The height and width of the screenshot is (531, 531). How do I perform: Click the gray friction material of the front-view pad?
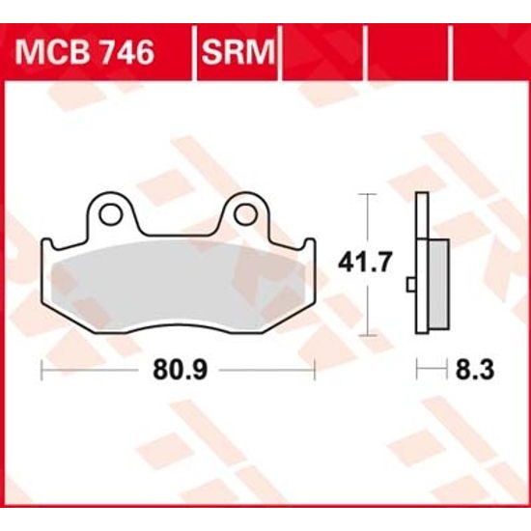179,285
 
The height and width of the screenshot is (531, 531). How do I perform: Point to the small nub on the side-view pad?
411,283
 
